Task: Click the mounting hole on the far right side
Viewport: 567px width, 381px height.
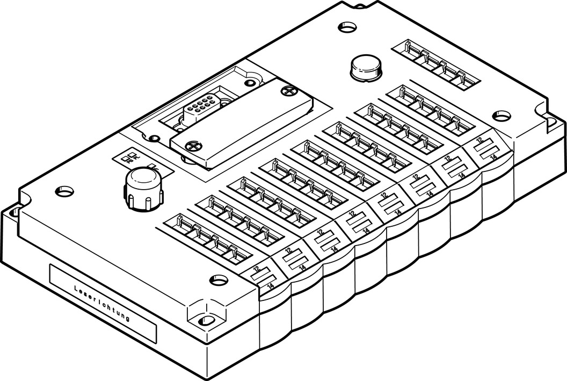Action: [501, 115]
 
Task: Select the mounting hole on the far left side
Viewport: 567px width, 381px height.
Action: [64, 190]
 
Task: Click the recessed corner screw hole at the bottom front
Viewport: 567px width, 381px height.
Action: [206, 321]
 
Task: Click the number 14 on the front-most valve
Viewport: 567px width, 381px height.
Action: [270, 286]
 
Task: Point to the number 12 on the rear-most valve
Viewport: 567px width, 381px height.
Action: [479, 140]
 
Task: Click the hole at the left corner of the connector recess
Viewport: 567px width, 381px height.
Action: [155, 136]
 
